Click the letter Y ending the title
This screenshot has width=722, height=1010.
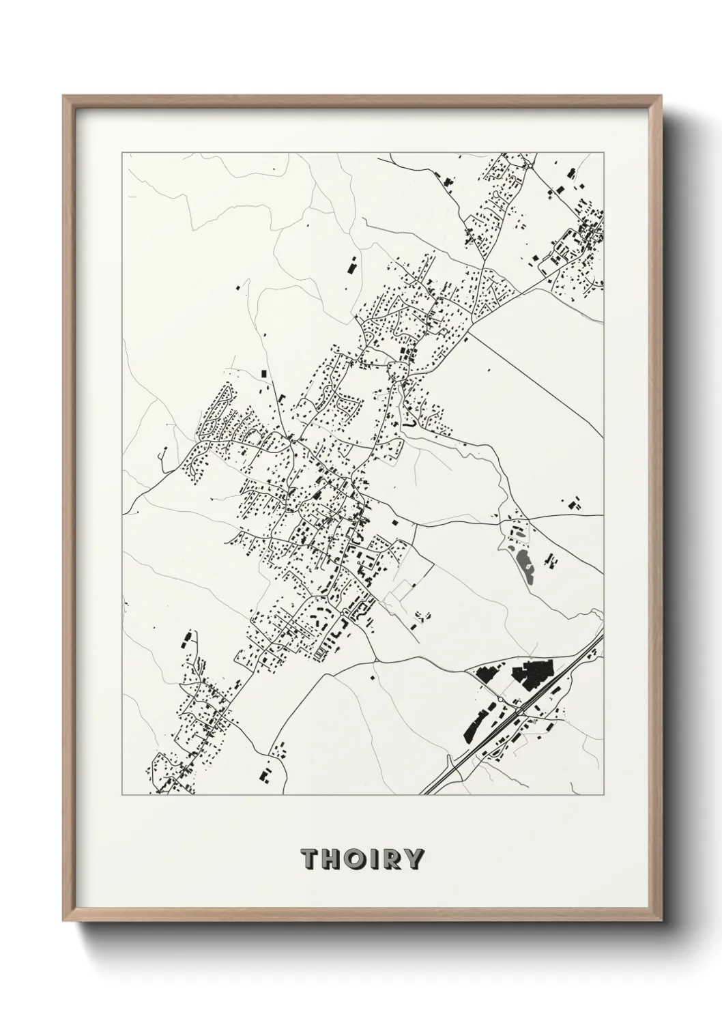pos(415,858)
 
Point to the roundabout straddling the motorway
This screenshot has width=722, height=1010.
pos(519,710)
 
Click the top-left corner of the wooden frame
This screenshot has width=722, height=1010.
pos(64,96)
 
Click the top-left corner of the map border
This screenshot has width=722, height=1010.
pos(122,154)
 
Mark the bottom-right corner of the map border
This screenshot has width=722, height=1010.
pos(604,795)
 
